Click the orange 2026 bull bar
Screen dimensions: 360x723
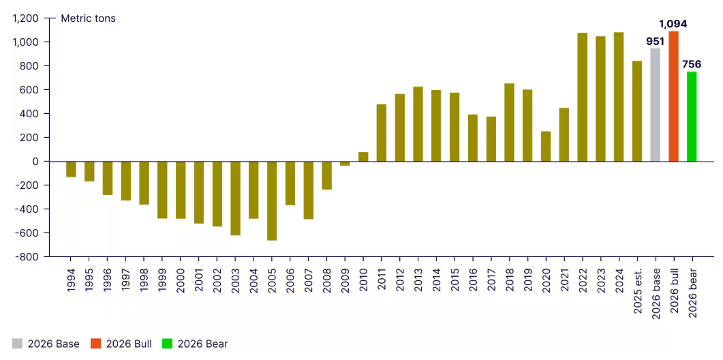pyautogui.click(x=673, y=96)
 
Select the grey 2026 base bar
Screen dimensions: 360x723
pyautogui.click(x=655, y=105)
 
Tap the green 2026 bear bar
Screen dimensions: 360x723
pyautogui.click(x=692, y=117)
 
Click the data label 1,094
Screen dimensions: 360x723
pyautogui.click(x=673, y=24)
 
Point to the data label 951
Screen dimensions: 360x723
pyautogui.click(x=655, y=41)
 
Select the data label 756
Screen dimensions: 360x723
pyautogui.click(x=692, y=64)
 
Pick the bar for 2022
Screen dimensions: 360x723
pyautogui.click(x=582, y=97)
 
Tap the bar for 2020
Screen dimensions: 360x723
pyautogui.click(x=546, y=146)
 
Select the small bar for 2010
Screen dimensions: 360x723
pyautogui.click(x=363, y=157)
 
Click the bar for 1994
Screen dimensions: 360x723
pyautogui.click(x=71, y=169)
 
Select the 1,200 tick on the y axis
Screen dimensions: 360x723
pyautogui.click(x=27, y=18)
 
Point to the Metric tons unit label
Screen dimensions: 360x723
pyautogui.click(x=89, y=18)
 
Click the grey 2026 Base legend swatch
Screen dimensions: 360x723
pyautogui.click(x=17, y=344)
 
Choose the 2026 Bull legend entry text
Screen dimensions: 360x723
pyautogui.click(x=129, y=344)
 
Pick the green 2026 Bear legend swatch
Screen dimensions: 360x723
pyautogui.click(x=167, y=344)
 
